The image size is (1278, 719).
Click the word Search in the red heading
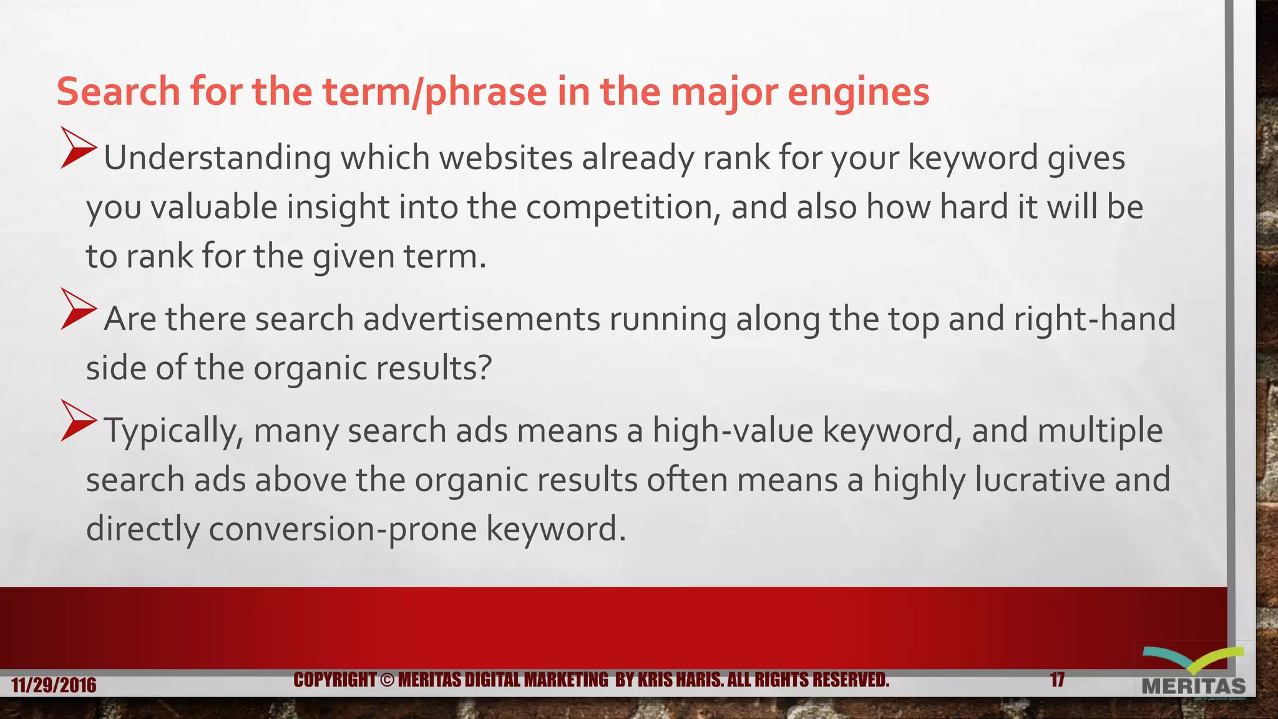coord(119,92)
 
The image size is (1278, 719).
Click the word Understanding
coord(217,158)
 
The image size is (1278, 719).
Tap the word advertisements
coord(482,319)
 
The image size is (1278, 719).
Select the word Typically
coord(173,431)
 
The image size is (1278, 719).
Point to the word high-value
coord(733,431)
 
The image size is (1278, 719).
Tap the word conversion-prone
coord(343,529)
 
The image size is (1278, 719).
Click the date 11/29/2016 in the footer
coord(54,685)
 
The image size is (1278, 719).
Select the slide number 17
coord(1057,680)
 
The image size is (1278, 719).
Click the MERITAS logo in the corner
coord(1193,675)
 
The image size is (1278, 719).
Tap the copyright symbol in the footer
coord(387,680)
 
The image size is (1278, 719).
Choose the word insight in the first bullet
coord(338,207)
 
